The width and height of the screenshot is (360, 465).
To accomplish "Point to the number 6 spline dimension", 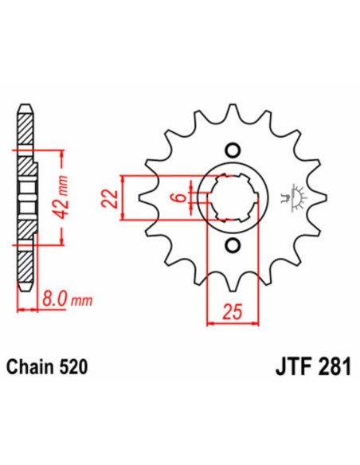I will click(x=182, y=197).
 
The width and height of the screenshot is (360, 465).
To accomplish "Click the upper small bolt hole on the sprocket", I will click(x=232, y=149).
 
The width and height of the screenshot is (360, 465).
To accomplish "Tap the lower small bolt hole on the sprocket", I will click(x=232, y=244).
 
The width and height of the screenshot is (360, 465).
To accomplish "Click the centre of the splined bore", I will click(x=232, y=197).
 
